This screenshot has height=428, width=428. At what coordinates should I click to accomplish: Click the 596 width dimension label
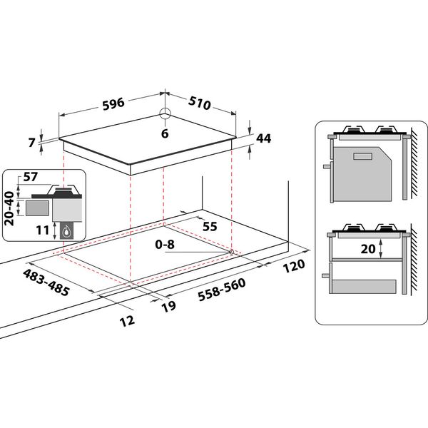point(113,103)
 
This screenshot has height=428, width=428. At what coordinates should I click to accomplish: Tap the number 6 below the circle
point(164,133)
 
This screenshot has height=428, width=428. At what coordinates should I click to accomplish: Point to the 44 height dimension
point(265,138)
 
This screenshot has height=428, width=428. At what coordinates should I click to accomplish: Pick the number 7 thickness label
point(32,142)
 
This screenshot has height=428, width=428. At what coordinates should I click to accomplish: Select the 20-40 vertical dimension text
point(9,208)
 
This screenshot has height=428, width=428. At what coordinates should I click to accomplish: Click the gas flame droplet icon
point(67,230)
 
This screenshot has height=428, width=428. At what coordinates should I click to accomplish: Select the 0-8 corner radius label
point(164,244)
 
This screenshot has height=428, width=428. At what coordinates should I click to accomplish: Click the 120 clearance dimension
point(293,265)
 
